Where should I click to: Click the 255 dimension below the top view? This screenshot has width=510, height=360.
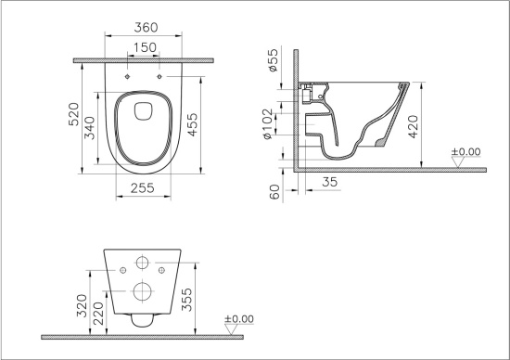click(144, 188)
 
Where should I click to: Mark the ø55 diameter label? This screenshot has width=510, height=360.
click(272, 61)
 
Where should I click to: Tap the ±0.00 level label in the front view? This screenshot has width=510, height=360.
click(240, 319)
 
